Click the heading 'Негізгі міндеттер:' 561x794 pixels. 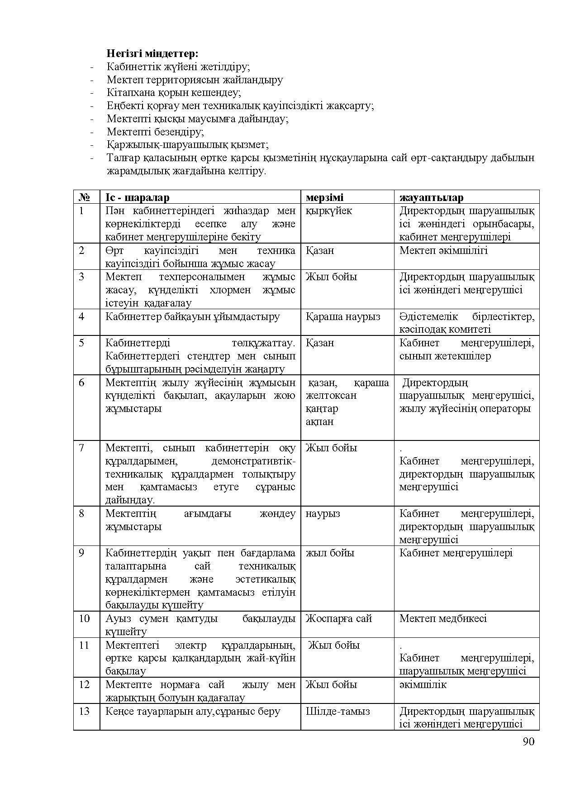(152, 53)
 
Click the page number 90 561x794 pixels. (528, 741)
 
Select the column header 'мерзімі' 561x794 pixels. (324, 197)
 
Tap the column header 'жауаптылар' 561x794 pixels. (431, 197)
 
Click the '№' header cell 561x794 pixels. (84, 197)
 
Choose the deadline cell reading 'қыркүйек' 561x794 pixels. (328, 211)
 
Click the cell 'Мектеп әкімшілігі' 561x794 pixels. (443, 250)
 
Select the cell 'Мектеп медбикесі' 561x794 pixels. (443, 618)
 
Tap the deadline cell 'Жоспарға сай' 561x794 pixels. (339, 618)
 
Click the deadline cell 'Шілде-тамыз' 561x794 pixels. (338, 711)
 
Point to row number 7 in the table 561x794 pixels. (81, 448)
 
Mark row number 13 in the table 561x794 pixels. (84, 711)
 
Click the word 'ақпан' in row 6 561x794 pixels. (319, 421)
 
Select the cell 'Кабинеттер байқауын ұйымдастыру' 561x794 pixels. (192, 316)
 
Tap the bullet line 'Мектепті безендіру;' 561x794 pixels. (155, 132)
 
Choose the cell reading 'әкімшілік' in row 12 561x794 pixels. (423, 684)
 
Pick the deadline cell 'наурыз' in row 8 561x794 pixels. (323, 513)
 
